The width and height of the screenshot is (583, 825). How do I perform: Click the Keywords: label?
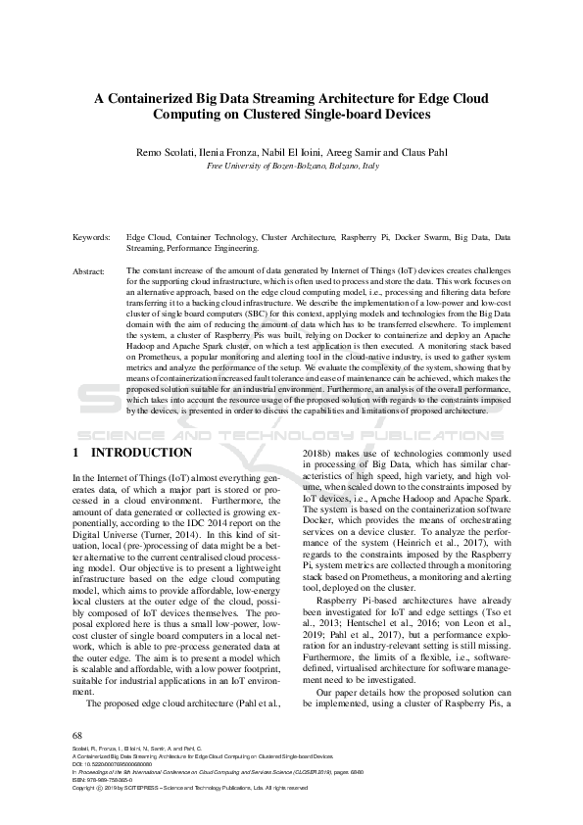click(x=93, y=238)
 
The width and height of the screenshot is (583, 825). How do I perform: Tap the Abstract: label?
click(x=91, y=269)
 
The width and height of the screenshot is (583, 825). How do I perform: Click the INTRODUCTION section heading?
click(x=141, y=453)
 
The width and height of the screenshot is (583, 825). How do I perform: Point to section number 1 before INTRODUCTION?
click(x=77, y=453)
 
